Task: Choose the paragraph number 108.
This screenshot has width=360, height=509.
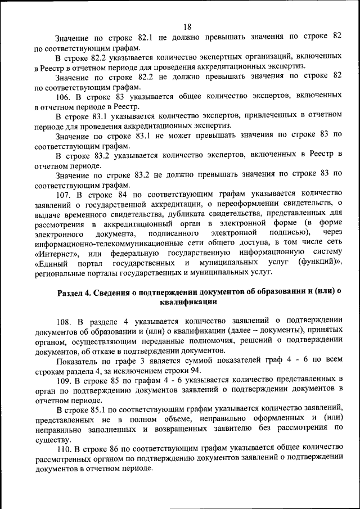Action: (65, 321)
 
